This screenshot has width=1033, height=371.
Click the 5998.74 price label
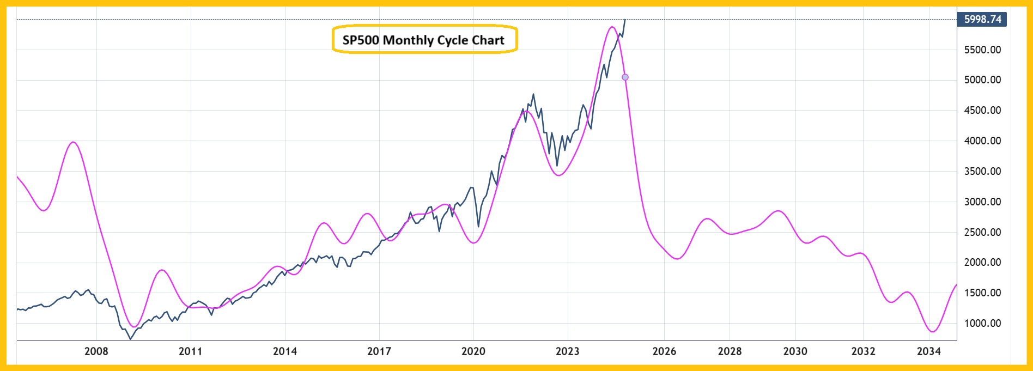982,19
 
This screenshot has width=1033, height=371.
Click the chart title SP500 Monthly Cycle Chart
424,40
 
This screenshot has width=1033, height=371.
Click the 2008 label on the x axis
96,351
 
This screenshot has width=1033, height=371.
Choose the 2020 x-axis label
473,351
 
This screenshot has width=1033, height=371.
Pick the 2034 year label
928,351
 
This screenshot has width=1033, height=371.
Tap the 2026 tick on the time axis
664,351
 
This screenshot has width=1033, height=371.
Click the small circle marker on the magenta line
625,77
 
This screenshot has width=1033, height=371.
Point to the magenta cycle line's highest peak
611,27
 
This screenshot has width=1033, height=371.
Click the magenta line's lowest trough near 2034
933,331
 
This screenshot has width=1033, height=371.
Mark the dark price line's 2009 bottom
130,339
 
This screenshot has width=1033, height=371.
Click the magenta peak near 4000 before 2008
73,142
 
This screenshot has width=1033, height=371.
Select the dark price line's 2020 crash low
478,227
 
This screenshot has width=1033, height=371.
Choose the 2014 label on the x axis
285,351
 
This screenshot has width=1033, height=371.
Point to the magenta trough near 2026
677,259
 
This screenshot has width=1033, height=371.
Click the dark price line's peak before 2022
533,94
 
